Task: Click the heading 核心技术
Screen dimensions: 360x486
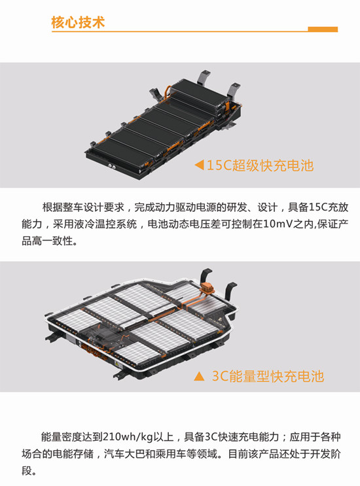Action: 78,23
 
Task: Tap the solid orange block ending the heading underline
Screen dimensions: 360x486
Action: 323,29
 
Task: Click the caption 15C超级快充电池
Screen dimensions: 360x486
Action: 260,165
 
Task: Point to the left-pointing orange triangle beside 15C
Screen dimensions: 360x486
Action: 199,165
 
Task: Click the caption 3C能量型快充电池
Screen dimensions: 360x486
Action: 268,376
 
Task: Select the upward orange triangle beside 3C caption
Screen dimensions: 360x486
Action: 199,376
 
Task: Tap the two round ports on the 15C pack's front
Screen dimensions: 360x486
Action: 112,166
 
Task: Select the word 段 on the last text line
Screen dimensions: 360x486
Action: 27,470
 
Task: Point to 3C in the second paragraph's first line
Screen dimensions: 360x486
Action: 211,437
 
